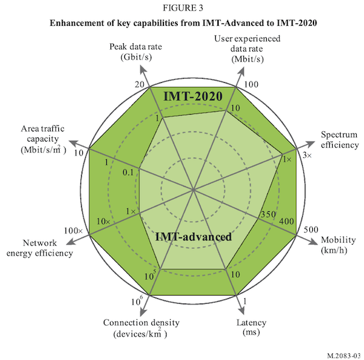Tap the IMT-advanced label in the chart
[x=193, y=236]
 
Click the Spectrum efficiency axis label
[x=339, y=139]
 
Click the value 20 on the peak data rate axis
[x=139, y=85]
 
